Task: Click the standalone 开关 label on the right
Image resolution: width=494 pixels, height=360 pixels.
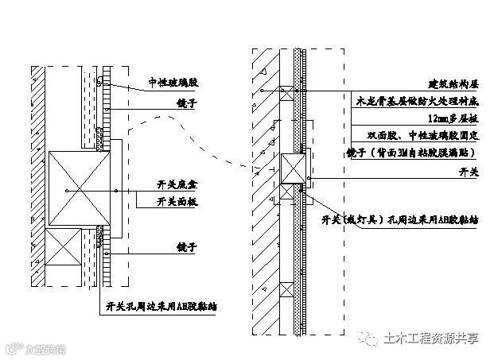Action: (470, 170)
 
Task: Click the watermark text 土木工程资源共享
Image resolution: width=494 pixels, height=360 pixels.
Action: (433, 338)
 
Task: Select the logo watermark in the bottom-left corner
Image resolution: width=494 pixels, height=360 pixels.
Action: (36, 347)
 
